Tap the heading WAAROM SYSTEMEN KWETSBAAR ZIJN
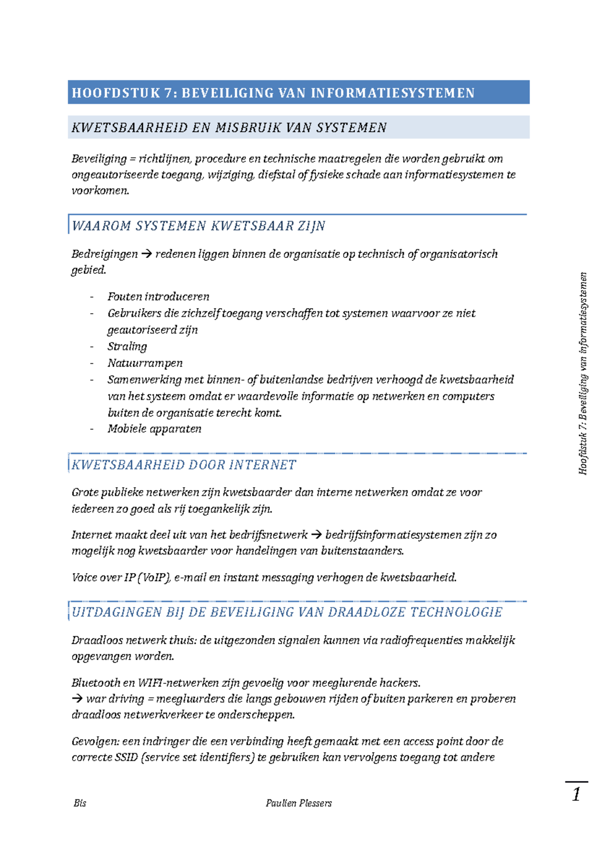(x=198, y=226)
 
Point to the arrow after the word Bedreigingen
(x=146, y=254)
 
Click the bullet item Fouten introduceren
(x=158, y=297)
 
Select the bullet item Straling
(x=127, y=346)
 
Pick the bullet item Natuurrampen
(x=145, y=363)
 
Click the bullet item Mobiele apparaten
(x=154, y=429)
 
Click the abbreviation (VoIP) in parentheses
(x=155, y=578)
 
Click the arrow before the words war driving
(x=77, y=699)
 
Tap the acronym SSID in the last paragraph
(x=126, y=758)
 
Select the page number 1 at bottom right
(x=576, y=794)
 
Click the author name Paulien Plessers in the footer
(x=298, y=803)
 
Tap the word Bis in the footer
(x=80, y=803)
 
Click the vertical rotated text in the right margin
(x=583, y=373)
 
